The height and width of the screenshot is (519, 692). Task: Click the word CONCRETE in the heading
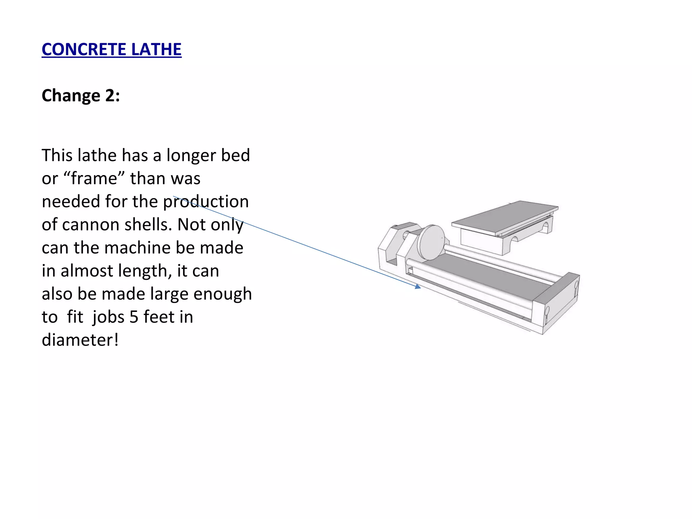(x=84, y=50)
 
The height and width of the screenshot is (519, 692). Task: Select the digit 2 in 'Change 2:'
(x=110, y=96)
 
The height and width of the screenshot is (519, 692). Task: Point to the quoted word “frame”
(x=94, y=178)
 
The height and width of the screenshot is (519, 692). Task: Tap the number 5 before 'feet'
(x=134, y=317)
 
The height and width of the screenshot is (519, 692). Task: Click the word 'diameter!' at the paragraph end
(x=80, y=340)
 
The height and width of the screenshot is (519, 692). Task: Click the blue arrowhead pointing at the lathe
(x=418, y=287)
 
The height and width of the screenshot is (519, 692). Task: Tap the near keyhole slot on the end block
(x=547, y=313)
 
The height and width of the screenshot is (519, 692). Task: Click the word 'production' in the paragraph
(x=206, y=202)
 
